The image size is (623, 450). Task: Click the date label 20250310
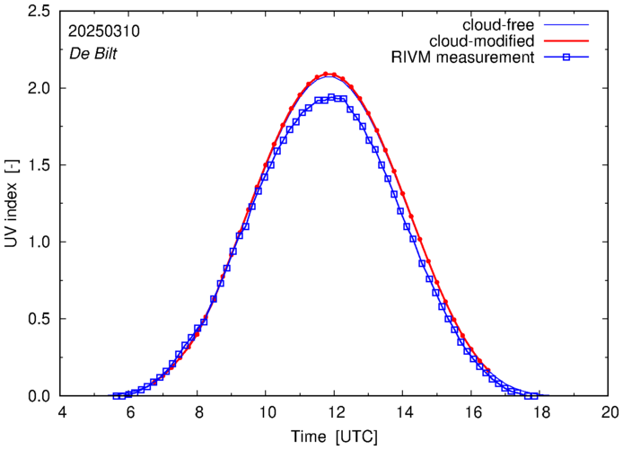(x=103, y=31)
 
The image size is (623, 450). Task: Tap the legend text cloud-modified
(x=483, y=41)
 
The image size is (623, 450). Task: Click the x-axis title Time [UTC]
(x=334, y=437)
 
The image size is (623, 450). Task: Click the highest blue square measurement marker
(x=332, y=97)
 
